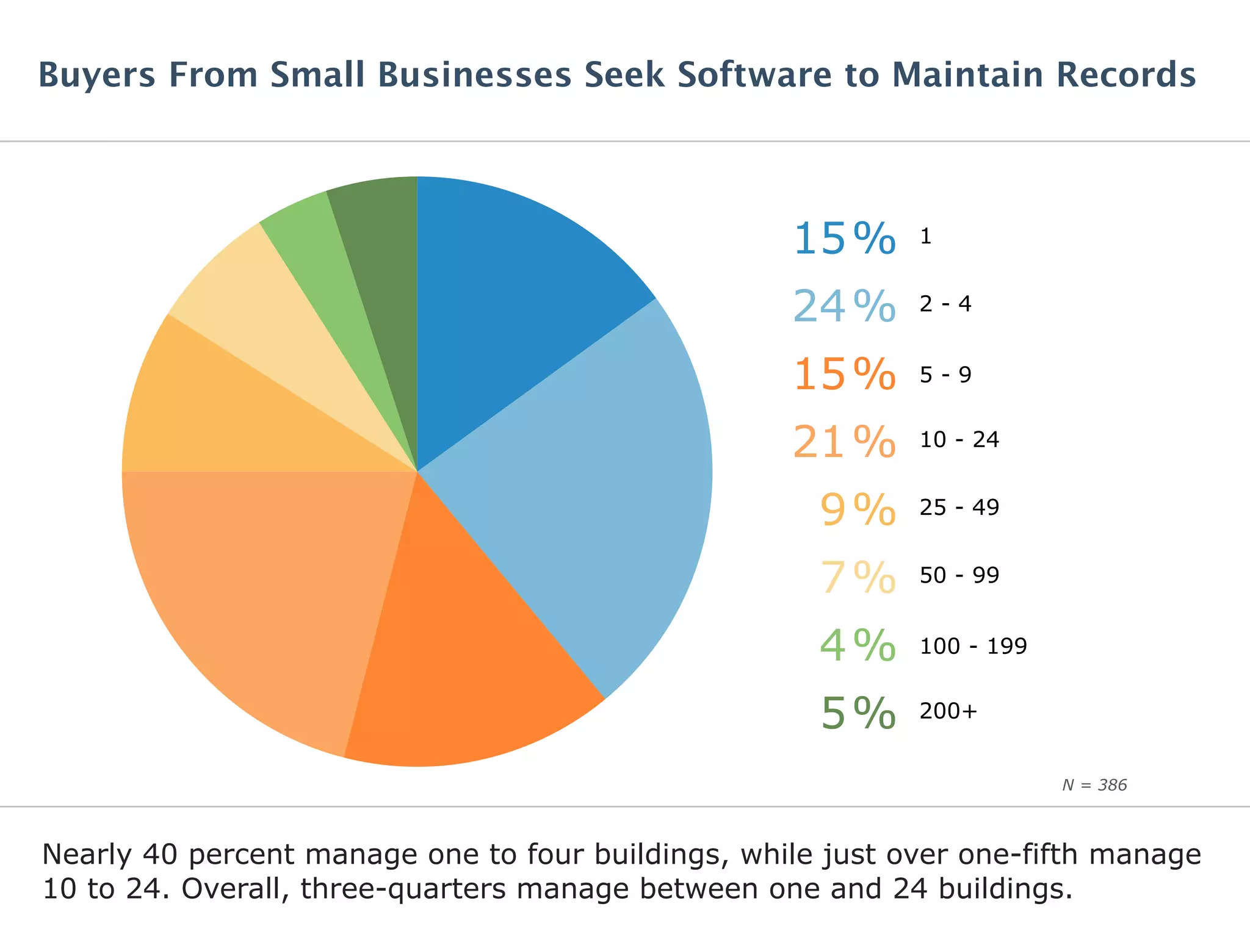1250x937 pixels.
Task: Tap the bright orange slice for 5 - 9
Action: click(464, 659)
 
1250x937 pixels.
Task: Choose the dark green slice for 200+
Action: click(381, 244)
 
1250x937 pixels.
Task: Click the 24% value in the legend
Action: click(844, 306)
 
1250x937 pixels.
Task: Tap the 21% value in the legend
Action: click(844, 442)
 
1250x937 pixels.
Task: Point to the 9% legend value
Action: click(858, 509)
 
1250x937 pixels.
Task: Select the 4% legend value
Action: click(858, 645)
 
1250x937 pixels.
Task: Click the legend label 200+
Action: click(948, 711)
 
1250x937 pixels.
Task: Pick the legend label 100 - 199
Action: click(973, 645)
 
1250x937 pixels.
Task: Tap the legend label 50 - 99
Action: click(959, 575)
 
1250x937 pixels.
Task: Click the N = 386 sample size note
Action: click(1094, 785)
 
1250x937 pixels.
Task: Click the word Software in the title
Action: click(754, 75)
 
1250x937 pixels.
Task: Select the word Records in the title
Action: click(1125, 75)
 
